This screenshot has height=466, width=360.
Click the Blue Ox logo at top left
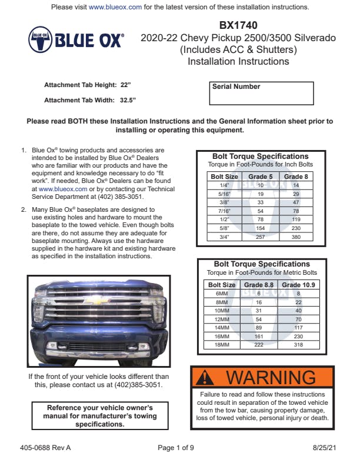click(76, 41)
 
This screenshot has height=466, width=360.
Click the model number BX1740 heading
click(238, 25)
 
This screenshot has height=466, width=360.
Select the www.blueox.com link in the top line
click(115, 7)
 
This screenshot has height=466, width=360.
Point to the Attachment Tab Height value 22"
click(125, 85)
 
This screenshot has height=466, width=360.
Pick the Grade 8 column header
click(296, 177)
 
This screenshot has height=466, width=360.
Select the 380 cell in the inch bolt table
click(296, 237)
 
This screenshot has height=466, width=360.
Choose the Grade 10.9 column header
click(298, 285)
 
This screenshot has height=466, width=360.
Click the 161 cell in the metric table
click(258, 337)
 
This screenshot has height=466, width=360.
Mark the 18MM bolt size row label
click(222, 345)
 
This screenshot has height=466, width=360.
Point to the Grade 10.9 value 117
click(298, 328)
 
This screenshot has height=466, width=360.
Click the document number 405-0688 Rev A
click(49, 448)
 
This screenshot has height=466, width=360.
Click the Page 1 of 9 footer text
click(176, 448)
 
